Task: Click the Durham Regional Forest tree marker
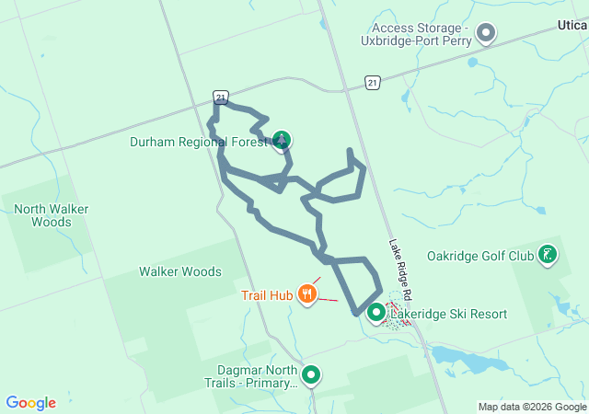283,141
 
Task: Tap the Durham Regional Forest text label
199,142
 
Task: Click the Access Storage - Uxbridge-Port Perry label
422,34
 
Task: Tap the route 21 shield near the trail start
219,96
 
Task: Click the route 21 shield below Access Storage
372,83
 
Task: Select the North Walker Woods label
43,215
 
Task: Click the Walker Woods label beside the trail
180,271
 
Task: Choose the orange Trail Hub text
267,295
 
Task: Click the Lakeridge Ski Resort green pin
375,314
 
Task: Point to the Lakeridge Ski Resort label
449,314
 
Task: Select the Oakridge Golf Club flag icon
548,255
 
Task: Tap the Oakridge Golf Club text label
480,256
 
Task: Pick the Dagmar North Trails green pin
312,374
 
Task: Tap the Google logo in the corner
31,403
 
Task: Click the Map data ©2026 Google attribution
532,407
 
